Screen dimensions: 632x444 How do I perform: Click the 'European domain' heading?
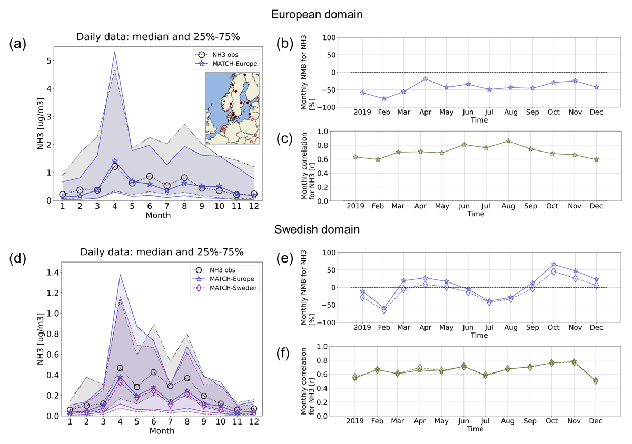[x=317, y=14]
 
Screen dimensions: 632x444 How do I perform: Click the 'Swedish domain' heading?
[x=317, y=229]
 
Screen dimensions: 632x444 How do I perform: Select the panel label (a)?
[x=17, y=44]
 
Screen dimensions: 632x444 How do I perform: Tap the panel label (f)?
[x=283, y=354]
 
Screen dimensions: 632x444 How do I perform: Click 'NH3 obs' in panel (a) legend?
[x=225, y=55]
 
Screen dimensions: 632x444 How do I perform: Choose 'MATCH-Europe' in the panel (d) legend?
[x=232, y=279]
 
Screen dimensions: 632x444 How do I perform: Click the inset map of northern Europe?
[x=232, y=108]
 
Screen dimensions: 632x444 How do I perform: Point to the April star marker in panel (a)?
[x=115, y=161]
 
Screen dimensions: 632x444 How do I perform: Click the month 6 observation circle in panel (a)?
[x=150, y=176]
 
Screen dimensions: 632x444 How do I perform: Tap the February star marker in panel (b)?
[x=384, y=99]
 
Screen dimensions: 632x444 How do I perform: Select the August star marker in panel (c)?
[x=508, y=141]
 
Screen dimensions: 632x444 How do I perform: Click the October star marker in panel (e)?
[x=554, y=265]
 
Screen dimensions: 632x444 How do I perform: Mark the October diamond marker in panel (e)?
[x=554, y=272]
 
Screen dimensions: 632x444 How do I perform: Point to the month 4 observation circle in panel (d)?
[x=120, y=368]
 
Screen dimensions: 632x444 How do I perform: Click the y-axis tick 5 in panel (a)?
[x=49, y=61]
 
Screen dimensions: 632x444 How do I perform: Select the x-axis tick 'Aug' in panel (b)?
[x=511, y=112]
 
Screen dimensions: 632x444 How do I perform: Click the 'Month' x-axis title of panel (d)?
[x=162, y=431]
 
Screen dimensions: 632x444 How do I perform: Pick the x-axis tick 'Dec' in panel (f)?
[x=596, y=421]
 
